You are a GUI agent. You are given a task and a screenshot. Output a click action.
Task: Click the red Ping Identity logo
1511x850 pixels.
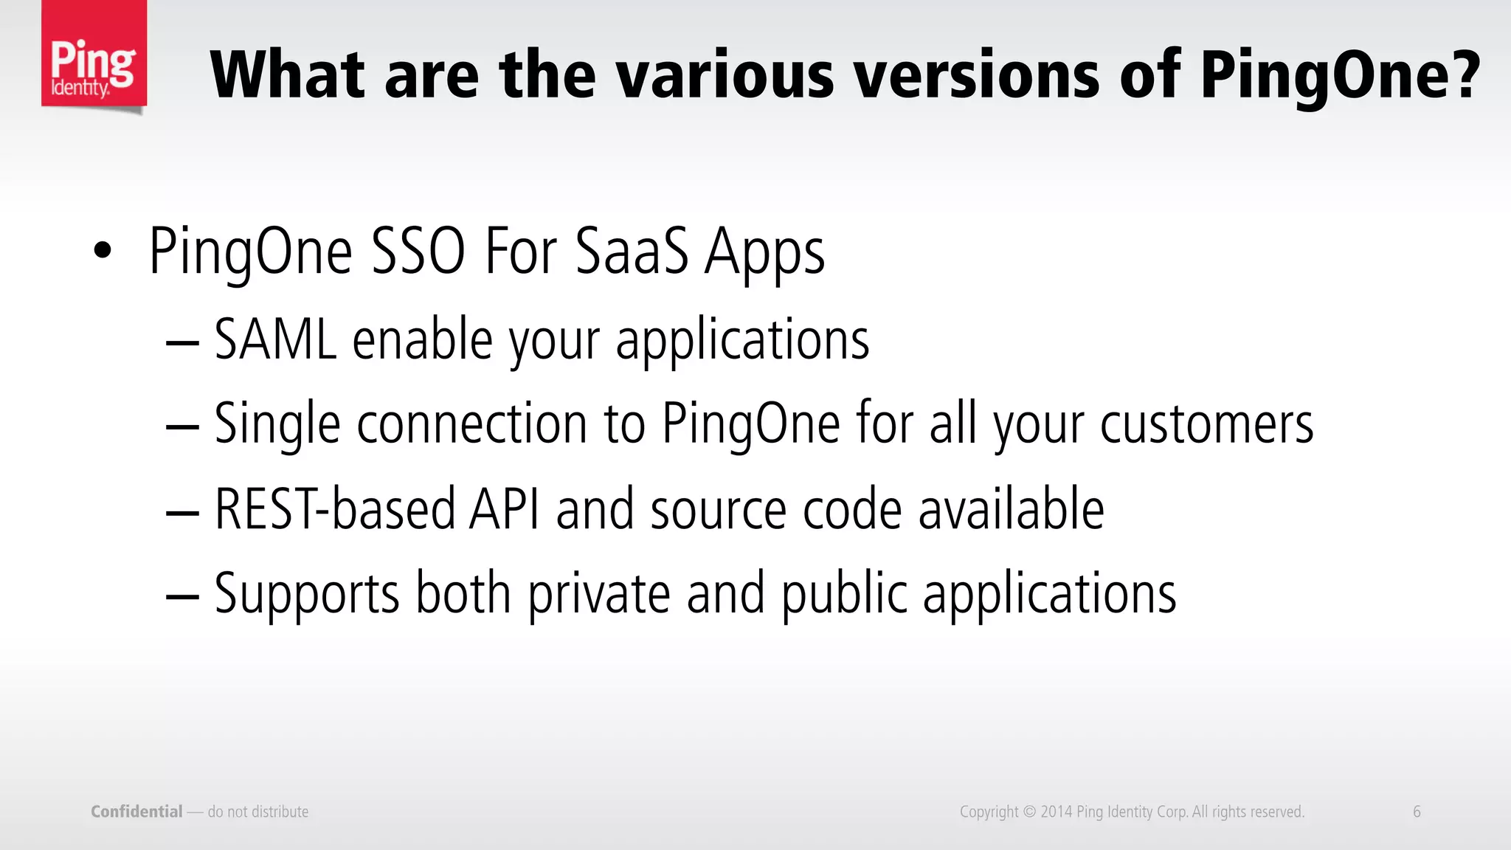click(x=94, y=55)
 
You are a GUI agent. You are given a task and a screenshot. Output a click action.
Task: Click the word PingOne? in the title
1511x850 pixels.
click(x=1339, y=76)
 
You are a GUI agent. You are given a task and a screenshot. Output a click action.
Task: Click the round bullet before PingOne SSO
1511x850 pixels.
click(x=103, y=251)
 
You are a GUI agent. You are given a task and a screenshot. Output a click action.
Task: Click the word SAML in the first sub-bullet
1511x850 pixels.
click(x=275, y=339)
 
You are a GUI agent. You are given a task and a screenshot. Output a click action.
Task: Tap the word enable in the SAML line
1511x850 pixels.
click(x=422, y=339)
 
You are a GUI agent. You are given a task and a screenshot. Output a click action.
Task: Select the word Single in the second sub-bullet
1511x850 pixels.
click(x=277, y=425)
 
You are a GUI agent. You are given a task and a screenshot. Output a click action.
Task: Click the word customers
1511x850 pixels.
click(x=1206, y=425)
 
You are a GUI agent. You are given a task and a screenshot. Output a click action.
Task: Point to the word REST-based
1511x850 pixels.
click(x=334, y=509)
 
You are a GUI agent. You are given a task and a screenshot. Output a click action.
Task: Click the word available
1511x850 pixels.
click(x=1011, y=509)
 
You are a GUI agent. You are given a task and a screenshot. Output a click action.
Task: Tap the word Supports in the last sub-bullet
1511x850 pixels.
click(x=306, y=594)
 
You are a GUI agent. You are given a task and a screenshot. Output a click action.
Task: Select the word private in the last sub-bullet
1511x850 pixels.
click(x=598, y=594)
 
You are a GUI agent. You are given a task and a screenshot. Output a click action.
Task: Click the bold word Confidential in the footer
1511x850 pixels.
click(x=136, y=812)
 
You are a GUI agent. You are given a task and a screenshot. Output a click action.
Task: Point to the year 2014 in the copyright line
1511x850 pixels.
click(x=1056, y=812)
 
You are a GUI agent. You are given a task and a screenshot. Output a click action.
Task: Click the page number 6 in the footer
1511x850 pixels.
click(x=1417, y=812)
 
